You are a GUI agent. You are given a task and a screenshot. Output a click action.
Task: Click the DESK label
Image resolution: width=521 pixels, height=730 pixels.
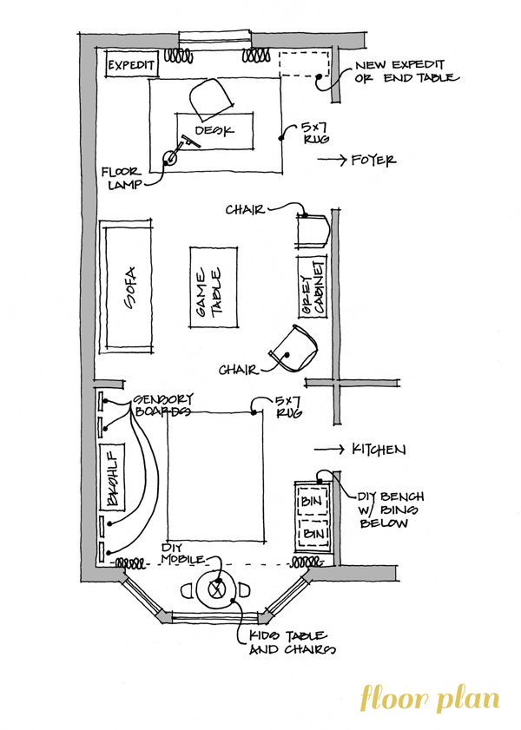[214, 130]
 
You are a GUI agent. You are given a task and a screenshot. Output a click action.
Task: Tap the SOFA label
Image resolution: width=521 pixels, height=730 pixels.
[131, 287]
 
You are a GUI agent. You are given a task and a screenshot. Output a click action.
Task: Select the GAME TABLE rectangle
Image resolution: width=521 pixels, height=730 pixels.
[214, 287]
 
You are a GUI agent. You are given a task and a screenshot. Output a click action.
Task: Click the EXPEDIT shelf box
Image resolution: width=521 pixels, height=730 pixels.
[131, 64]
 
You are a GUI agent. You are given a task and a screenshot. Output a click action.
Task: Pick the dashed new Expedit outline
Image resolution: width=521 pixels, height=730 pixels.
[304, 63]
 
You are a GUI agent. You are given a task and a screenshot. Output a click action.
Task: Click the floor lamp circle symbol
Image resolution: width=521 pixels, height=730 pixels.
[169, 158]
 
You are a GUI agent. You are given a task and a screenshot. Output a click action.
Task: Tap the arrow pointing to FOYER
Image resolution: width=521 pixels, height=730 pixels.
[332, 160]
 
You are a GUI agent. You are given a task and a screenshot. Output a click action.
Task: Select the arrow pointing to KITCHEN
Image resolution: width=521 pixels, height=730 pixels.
[329, 450]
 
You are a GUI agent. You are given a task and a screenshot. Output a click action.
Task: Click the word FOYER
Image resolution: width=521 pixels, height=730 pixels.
[374, 161]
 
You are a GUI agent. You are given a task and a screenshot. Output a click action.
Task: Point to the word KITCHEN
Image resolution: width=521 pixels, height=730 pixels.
[379, 450]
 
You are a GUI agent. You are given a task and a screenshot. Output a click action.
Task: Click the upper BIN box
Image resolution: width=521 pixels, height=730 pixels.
[313, 501]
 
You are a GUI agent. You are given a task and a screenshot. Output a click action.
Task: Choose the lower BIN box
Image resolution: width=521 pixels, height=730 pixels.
[313, 533]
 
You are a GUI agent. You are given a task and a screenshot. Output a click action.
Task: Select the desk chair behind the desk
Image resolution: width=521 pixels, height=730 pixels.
[210, 99]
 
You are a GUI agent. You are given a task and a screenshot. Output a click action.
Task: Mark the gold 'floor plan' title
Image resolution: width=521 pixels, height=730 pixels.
[430, 697]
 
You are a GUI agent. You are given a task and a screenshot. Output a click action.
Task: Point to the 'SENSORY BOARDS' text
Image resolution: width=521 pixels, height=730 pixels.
[163, 405]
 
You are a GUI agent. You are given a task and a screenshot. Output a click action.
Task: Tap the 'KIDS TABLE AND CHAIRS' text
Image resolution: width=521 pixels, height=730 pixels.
[292, 642]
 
